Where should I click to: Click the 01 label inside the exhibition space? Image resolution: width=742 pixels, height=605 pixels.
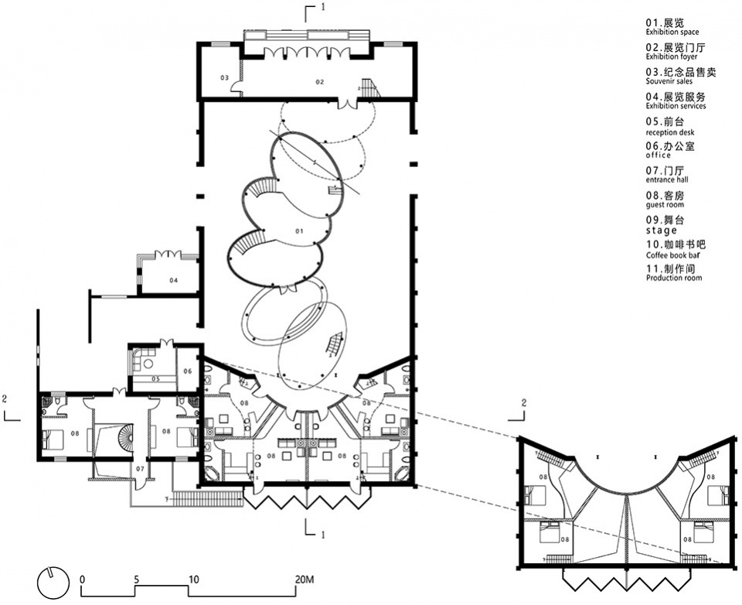299,231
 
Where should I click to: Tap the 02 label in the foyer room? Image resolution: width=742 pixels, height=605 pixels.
320,82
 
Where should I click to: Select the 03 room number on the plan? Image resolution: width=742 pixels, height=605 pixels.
224,77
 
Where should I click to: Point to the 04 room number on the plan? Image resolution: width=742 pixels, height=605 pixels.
174,280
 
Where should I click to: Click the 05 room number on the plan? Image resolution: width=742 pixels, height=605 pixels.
155,379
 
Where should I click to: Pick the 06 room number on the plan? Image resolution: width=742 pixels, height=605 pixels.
187,371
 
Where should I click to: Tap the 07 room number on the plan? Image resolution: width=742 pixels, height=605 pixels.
140,469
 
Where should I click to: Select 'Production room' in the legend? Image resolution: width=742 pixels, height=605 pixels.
674,278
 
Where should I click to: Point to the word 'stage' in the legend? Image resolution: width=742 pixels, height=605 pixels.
662,231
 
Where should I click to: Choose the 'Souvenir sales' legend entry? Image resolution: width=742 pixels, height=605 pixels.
669,81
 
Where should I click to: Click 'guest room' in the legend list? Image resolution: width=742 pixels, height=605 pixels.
665,205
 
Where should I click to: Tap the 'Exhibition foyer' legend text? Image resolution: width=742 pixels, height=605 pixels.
672,56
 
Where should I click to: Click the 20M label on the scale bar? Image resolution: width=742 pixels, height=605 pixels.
303,579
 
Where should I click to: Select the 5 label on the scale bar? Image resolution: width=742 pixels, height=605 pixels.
136,579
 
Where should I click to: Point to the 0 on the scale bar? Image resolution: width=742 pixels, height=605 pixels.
83,579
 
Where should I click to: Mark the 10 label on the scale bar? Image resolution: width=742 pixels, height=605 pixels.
193,579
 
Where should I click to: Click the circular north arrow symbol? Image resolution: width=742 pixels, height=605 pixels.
53,583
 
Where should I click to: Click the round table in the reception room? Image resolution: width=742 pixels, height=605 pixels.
148,364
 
